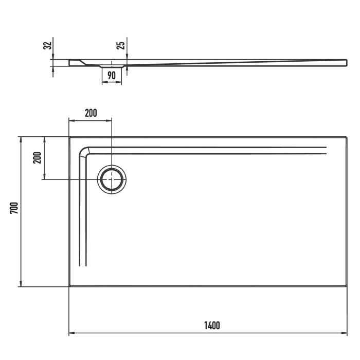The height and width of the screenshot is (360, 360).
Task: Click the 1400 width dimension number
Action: click(211, 325)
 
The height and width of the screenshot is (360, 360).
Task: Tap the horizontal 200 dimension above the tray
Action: click(91, 114)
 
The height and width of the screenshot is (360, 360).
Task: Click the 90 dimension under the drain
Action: click(111, 76)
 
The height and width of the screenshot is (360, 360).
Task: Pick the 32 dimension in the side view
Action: click(47, 46)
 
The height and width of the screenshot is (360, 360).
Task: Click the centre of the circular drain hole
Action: click(112, 179)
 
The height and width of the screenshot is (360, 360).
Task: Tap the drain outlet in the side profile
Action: click(112, 66)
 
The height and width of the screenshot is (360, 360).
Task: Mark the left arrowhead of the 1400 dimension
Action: click(71, 333)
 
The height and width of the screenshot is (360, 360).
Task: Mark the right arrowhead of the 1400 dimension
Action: click(345, 333)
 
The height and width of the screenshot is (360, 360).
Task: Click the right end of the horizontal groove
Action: click(326, 151)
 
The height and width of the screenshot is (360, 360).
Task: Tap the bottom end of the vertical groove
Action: click(82, 265)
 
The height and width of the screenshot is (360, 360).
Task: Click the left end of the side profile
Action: click(69, 63)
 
